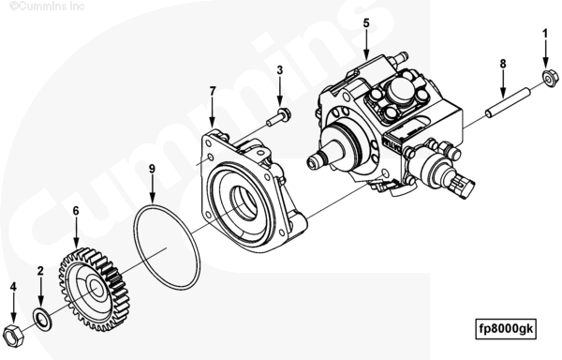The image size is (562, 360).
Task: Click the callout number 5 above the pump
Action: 366,23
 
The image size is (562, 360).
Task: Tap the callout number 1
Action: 545,34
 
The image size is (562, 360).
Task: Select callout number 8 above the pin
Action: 503,64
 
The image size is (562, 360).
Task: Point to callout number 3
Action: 279,70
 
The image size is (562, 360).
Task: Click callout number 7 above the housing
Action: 213,92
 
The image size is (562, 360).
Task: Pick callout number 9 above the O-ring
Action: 153,169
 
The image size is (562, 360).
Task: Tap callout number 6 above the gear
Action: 76,211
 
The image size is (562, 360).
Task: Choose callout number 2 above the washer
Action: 40,271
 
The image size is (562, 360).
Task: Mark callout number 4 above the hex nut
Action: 13,287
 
